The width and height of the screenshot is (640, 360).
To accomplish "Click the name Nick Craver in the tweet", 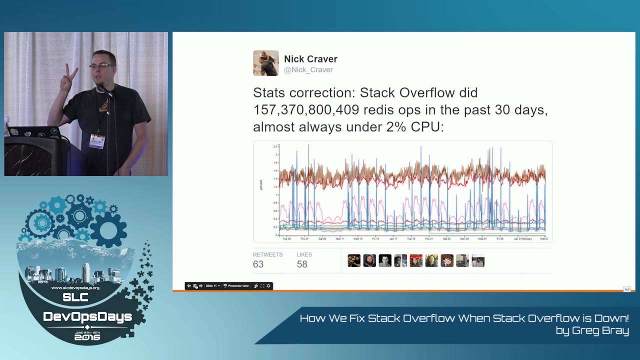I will pos(310,59).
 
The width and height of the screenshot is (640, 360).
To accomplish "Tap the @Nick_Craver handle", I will pos(308,70).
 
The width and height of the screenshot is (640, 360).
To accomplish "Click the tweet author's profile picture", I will pos(265,63).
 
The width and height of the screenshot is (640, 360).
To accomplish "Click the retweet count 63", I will pos(258,264).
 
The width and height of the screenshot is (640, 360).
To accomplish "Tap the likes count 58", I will pos(302,264).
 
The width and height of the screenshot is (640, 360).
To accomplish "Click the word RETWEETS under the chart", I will pos(267,254).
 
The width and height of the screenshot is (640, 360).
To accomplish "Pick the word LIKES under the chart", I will pos(304,254).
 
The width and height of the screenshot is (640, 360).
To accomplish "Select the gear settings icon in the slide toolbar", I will pos(268,286).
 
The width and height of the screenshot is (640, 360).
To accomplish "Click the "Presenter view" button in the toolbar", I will pos(236,286).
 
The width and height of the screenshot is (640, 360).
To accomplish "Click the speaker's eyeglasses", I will pos(101,65).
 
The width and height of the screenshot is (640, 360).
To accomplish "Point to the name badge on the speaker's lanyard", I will pos(97,141).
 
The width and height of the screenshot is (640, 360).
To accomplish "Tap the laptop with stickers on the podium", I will pos(32,132).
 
